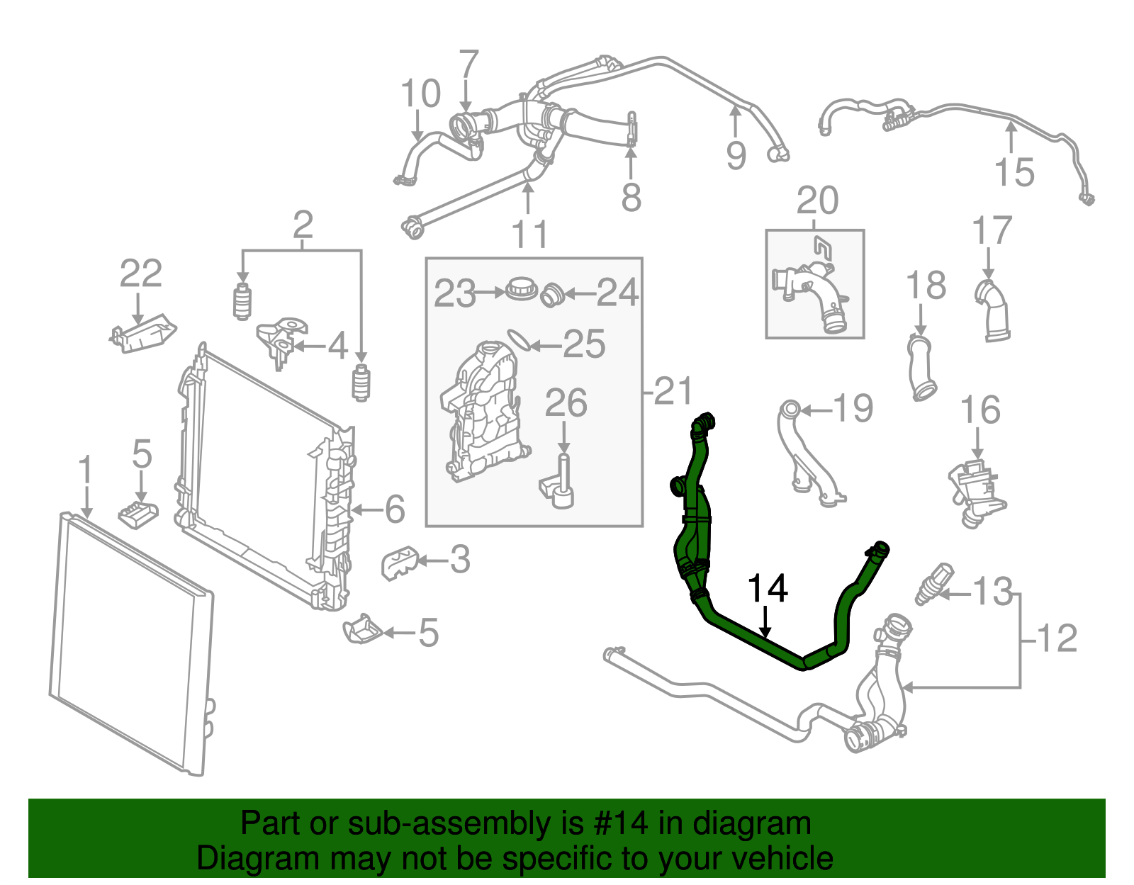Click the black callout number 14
click(x=768, y=589)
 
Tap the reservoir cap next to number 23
click(x=523, y=290)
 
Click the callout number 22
click(x=140, y=274)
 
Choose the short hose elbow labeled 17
click(x=994, y=311)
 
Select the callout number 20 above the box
click(x=817, y=201)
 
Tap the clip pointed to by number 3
click(x=399, y=561)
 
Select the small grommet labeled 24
click(x=551, y=294)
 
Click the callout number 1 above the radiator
click(x=85, y=471)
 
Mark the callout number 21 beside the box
click(x=673, y=391)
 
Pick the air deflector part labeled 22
click(x=145, y=334)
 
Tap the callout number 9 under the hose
click(x=736, y=156)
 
